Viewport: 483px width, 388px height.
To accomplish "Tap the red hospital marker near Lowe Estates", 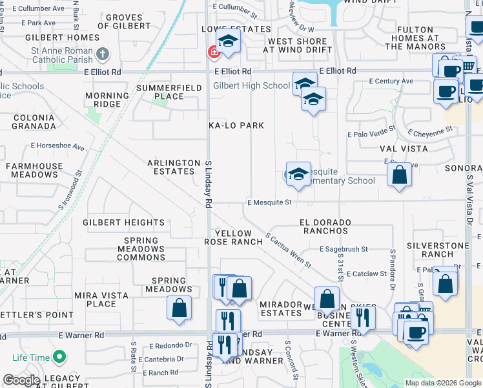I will pyautogui.click(x=212, y=51).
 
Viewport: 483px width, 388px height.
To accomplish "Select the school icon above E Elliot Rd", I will pyautogui.click(x=228, y=41).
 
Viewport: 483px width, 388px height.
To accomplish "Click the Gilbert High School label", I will pyautogui.click(x=251, y=85).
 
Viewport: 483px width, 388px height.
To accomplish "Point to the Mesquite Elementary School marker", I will pyautogui.click(x=298, y=174).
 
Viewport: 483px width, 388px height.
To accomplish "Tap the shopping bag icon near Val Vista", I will pyautogui.click(x=400, y=175).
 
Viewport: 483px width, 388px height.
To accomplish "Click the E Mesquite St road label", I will pyautogui.click(x=270, y=202).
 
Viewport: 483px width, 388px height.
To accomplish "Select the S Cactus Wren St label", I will pyautogui.click(x=288, y=251).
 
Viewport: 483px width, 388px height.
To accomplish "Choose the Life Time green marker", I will pyautogui.click(x=59, y=357).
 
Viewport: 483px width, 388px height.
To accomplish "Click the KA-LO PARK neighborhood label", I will pyautogui.click(x=237, y=125).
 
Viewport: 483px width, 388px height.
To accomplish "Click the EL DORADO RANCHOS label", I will pyautogui.click(x=325, y=226).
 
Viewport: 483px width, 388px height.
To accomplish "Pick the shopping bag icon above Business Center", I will pyautogui.click(x=327, y=299).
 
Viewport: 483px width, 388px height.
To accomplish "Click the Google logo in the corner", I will pyautogui.click(x=21, y=380).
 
